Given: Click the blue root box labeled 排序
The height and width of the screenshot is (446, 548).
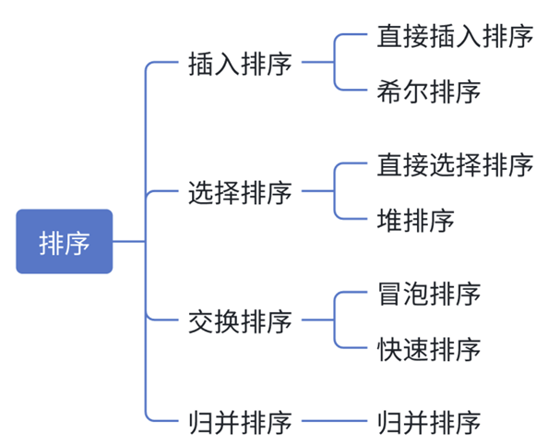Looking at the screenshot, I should [x=64, y=242].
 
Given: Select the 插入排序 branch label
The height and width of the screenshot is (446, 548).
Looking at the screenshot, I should [x=239, y=64].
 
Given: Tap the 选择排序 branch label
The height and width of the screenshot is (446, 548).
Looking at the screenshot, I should [x=239, y=193].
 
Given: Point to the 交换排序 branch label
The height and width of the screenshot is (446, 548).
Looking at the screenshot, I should [x=239, y=321].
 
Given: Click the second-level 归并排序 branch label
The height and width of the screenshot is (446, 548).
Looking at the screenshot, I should [x=239, y=423].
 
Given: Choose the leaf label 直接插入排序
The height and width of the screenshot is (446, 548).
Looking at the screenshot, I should [x=455, y=36].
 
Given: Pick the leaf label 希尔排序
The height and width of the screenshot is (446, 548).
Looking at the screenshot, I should [x=429, y=91].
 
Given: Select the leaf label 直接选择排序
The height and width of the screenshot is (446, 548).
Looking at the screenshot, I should [x=455, y=165].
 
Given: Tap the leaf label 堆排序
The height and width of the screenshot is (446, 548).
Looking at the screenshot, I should [x=416, y=221].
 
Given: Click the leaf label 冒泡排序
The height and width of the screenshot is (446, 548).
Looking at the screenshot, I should [x=429, y=295].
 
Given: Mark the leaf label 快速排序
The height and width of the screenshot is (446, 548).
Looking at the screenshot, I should [x=429, y=350].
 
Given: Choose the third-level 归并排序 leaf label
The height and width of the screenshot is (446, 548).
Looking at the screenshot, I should [x=429, y=423].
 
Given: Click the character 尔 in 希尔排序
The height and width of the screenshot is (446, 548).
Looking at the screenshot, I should [x=415, y=91].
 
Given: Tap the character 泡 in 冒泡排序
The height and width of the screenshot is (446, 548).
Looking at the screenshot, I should [x=415, y=295].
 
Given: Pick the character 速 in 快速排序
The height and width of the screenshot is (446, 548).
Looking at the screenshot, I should [x=415, y=350].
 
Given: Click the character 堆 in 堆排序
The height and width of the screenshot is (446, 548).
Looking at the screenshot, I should [x=389, y=221].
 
